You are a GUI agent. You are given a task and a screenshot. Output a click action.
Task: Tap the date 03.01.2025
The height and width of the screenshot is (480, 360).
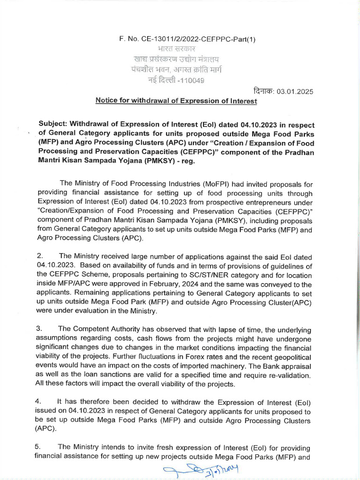tap(295, 91)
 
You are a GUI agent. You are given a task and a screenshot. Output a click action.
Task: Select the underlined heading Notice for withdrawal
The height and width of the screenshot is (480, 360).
tap(176, 100)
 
